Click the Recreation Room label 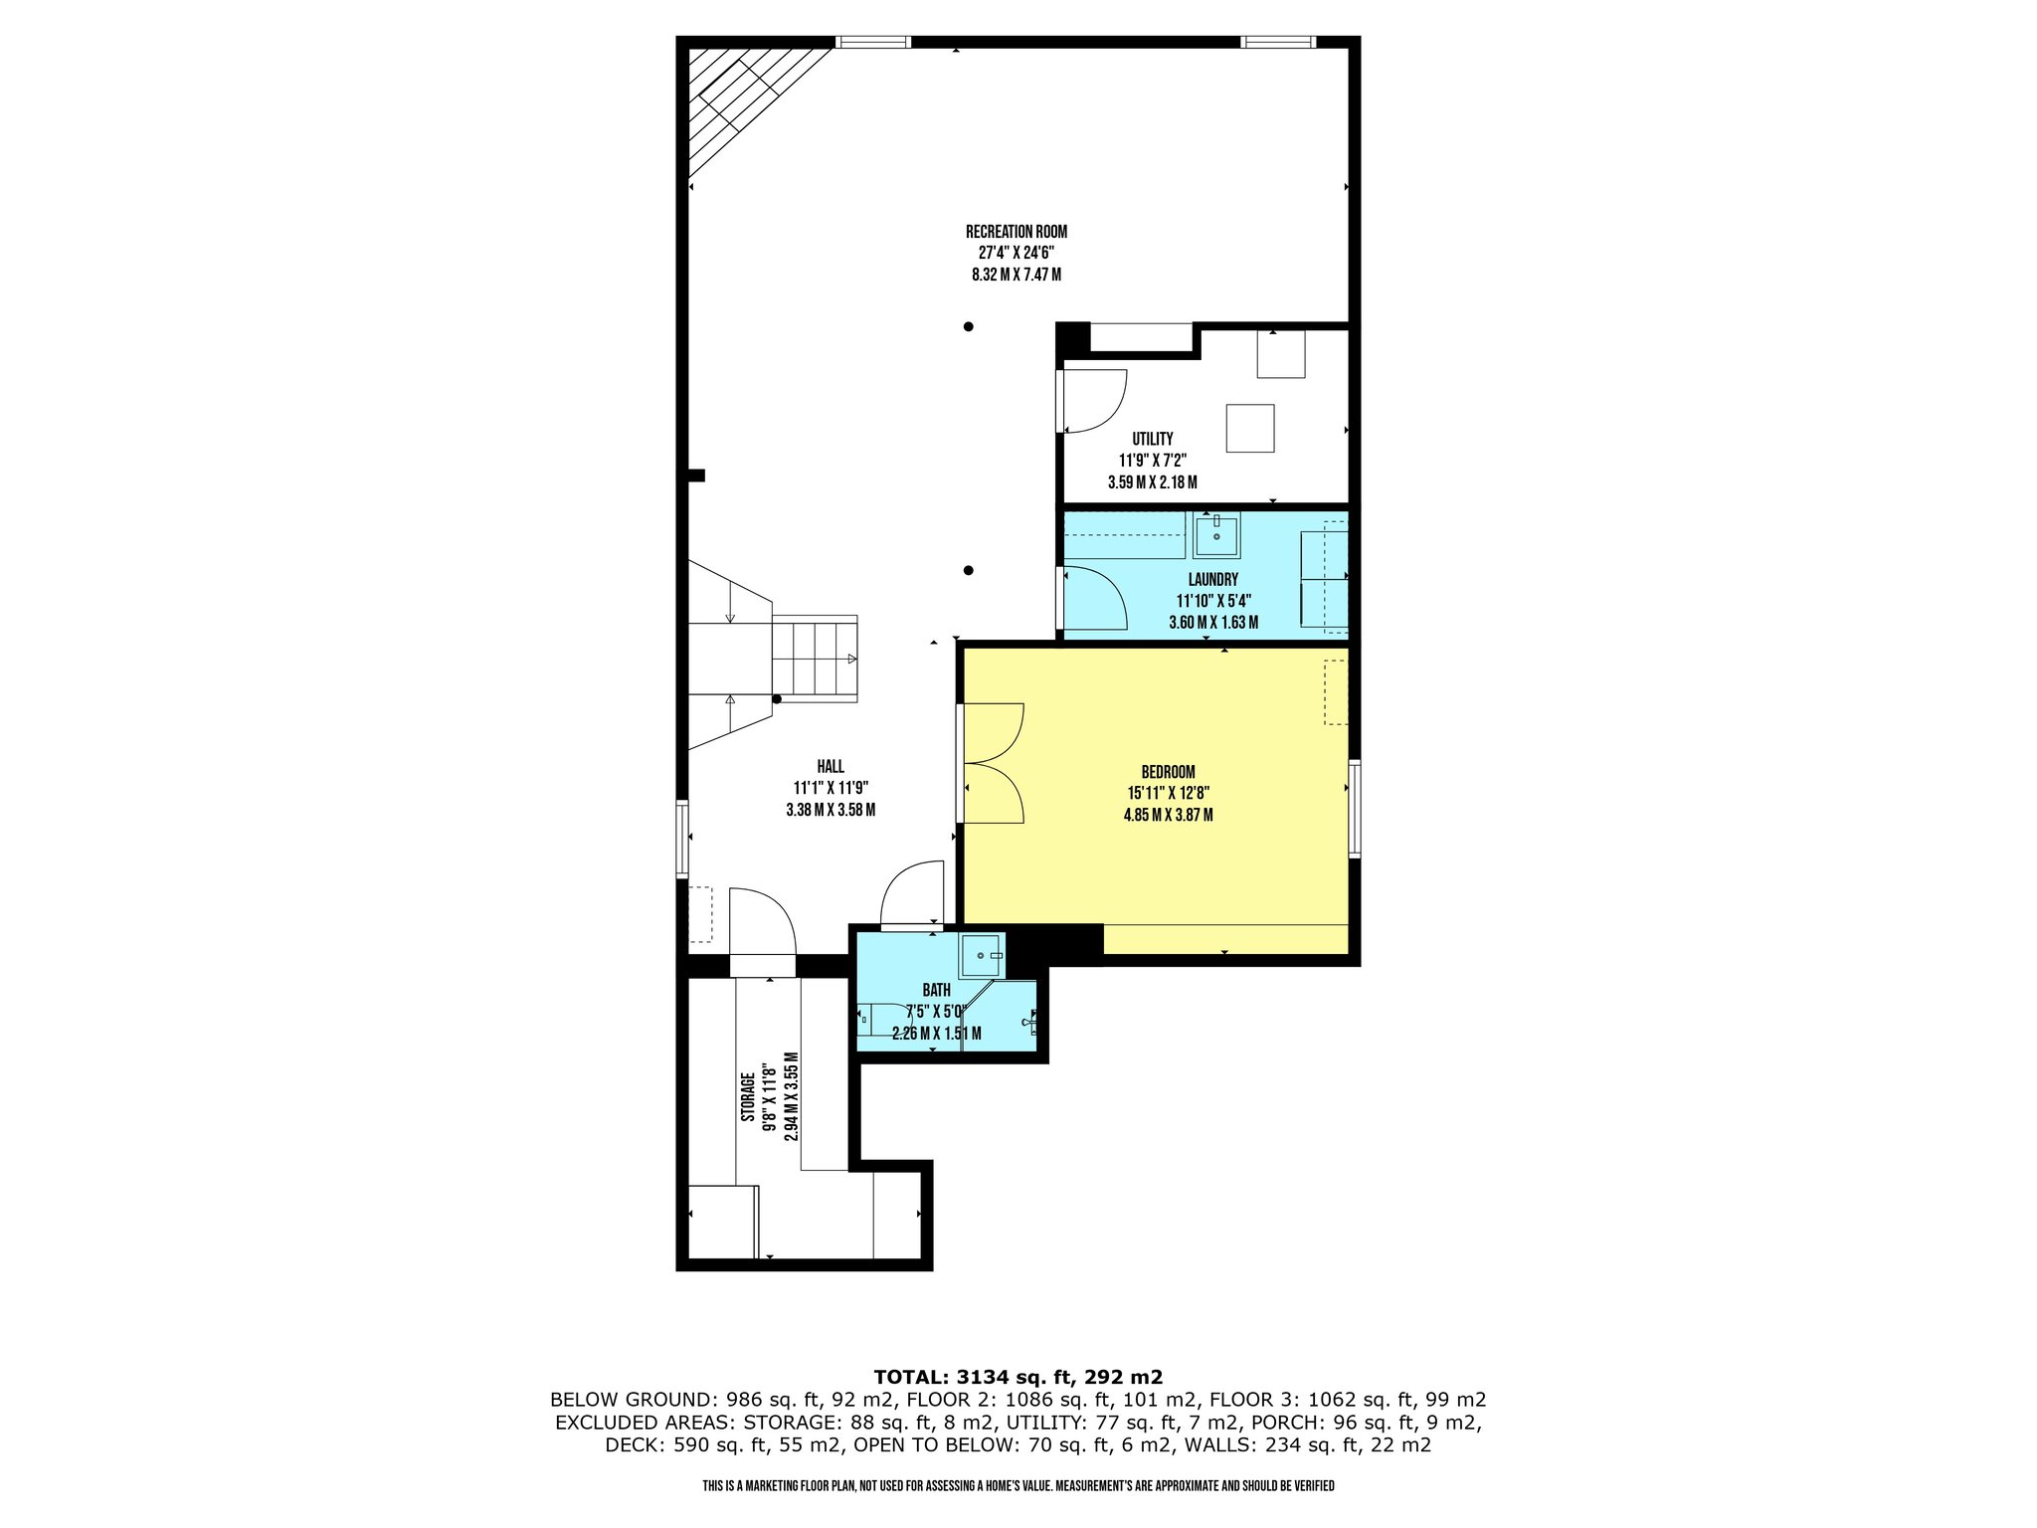click(1016, 232)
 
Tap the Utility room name click(1152, 439)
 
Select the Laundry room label click(1212, 580)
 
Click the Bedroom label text click(1168, 772)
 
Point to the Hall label click(831, 766)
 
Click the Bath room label click(936, 990)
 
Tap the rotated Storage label click(747, 1098)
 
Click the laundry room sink click(1216, 535)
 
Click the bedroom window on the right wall click(1354, 808)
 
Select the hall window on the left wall click(682, 839)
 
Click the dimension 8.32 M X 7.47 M click(1016, 275)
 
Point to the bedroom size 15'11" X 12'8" click(1168, 794)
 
